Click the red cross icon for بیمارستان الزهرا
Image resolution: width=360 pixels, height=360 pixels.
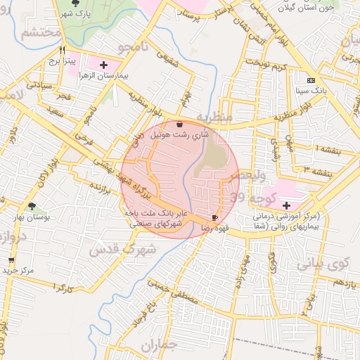(105, 65)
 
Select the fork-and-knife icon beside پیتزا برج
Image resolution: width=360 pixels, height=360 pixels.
(63, 51)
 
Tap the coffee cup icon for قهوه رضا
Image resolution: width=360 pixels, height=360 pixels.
(214, 218)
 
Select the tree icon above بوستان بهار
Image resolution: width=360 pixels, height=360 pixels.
(32, 206)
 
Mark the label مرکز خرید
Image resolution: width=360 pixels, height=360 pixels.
(18, 270)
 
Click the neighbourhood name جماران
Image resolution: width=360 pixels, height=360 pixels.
(157, 345)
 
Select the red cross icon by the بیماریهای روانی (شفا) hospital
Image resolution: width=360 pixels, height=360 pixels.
(286, 205)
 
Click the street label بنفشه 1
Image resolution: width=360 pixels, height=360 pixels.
(328, 149)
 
